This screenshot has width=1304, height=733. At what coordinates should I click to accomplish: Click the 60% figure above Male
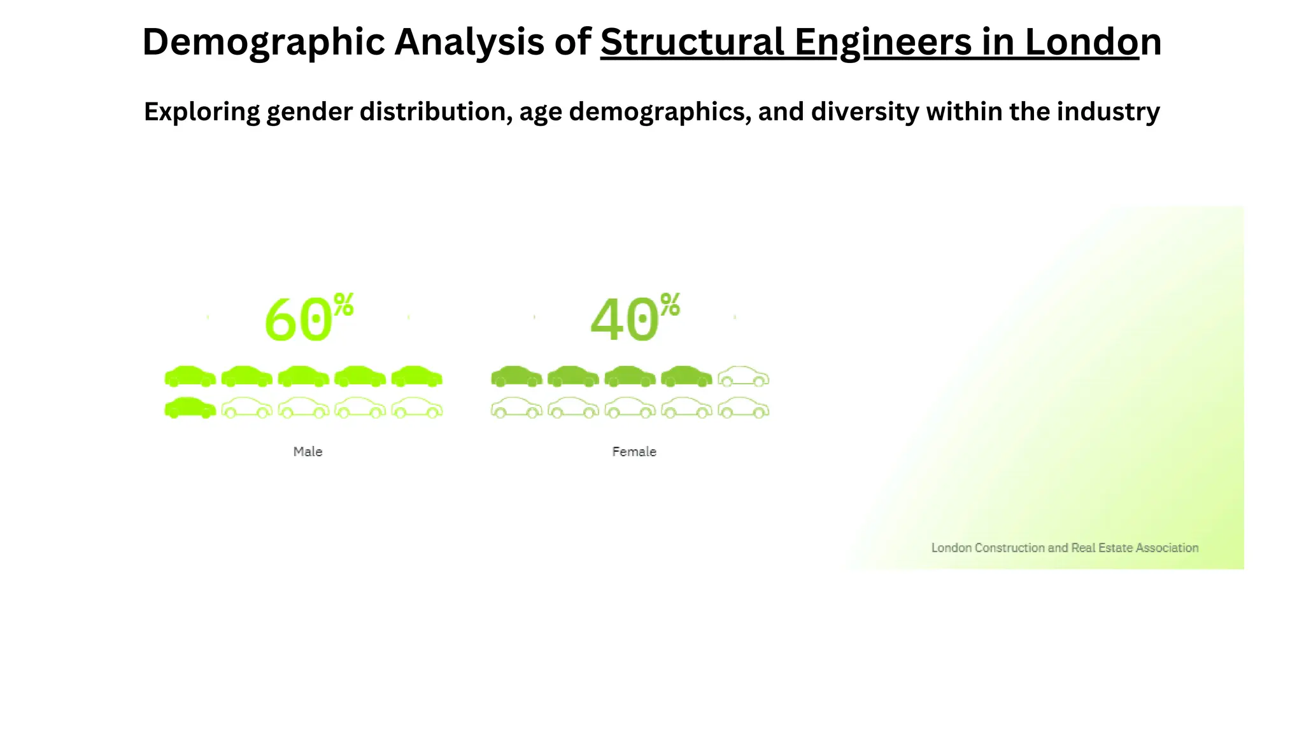tap(299, 320)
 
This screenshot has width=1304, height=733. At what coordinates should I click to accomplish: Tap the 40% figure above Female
tap(625, 320)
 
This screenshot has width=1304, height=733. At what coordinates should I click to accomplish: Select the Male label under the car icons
tap(308, 452)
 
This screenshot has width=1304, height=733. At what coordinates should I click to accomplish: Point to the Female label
tap(634, 452)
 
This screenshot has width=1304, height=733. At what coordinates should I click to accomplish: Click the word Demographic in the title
tap(263, 43)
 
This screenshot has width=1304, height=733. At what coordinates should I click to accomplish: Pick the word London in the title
tap(1092, 43)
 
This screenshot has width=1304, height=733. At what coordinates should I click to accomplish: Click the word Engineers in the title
tap(883, 43)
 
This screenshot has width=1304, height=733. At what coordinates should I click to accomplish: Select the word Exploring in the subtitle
tap(201, 112)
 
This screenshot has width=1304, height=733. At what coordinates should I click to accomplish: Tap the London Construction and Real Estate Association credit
tap(1065, 548)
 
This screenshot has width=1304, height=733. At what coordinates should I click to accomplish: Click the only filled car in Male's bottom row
tap(190, 408)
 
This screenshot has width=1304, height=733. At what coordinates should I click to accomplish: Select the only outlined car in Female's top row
tap(743, 377)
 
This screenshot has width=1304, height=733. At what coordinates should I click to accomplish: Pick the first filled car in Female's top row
tap(516, 377)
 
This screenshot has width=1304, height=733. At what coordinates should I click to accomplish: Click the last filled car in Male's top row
tap(416, 377)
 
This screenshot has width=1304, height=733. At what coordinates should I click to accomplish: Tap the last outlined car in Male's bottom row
tap(416, 408)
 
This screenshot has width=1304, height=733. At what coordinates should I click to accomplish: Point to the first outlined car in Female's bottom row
tap(516, 408)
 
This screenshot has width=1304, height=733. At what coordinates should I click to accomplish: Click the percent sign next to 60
tap(344, 305)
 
